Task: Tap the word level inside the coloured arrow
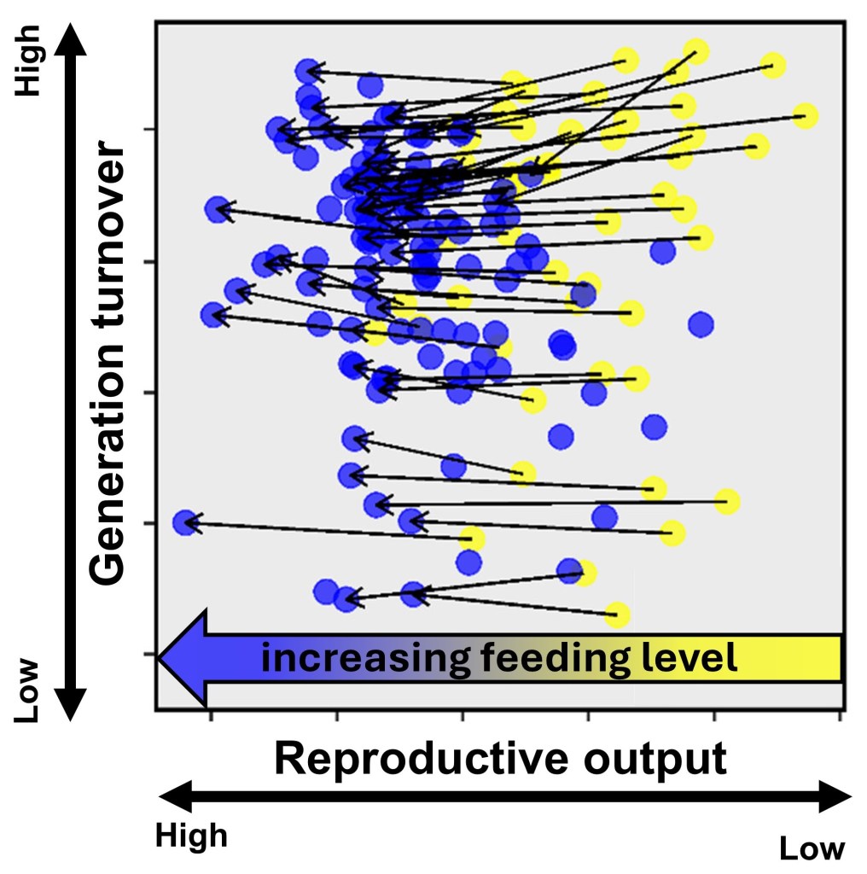pyautogui.click(x=692, y=658)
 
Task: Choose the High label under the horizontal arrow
pyautogui.click(x=191, y=836)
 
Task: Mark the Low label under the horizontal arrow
pyautogui.click(x=812, y=848)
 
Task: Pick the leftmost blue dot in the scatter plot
pyautogui.click(x=184, y=522)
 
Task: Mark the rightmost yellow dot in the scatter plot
pyautogui.click(x=805, y=116)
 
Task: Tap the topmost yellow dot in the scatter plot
pyautogui.click(x=697, y=50)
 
